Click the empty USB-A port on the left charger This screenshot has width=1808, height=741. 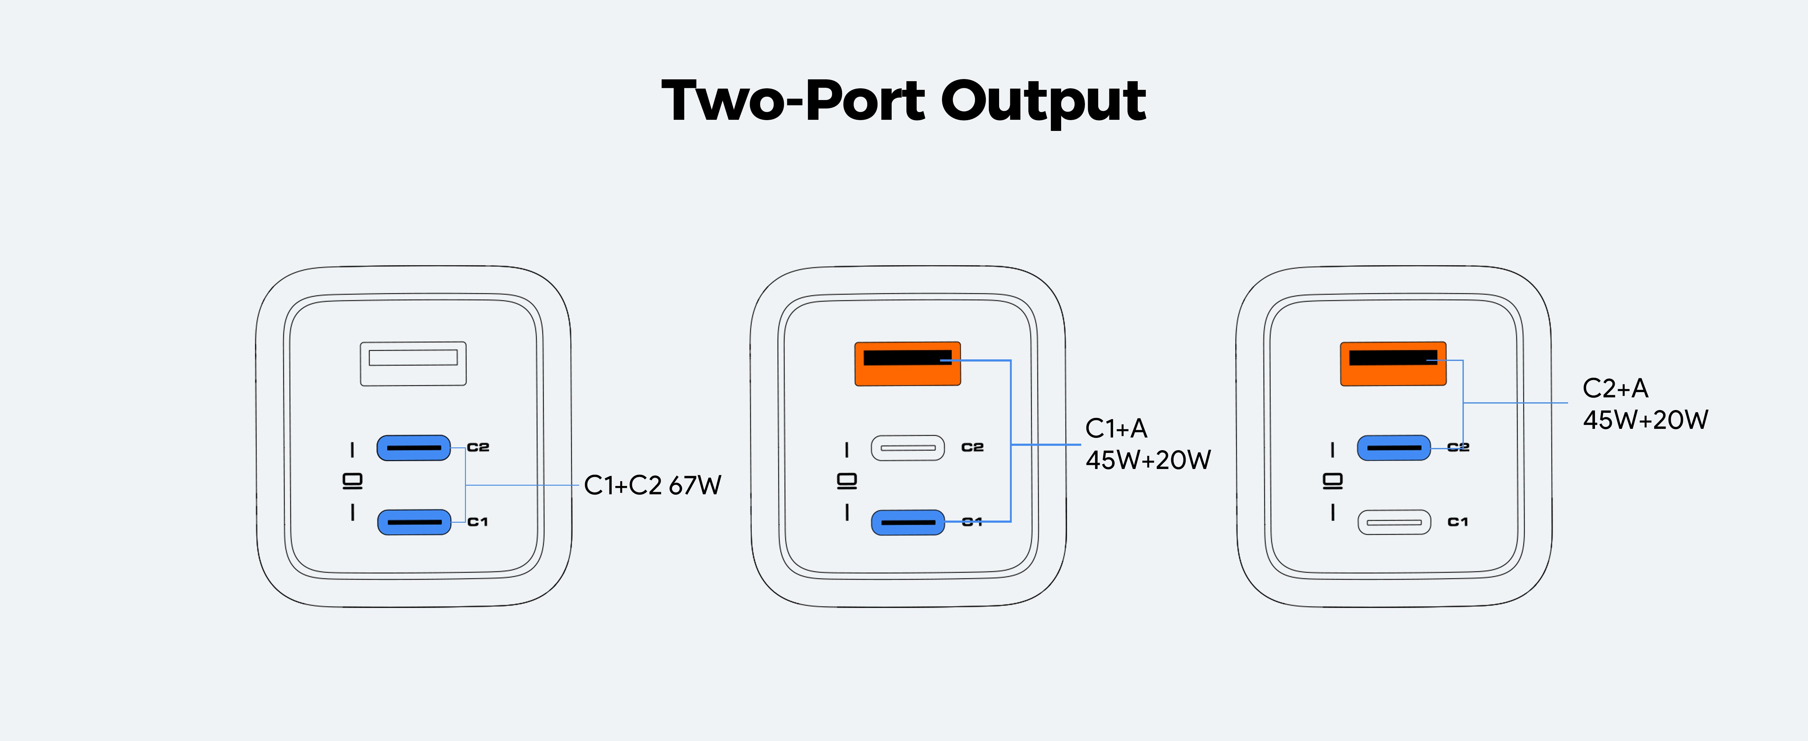[x=413, y=363]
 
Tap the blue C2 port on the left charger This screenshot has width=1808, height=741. [x=413, y=448]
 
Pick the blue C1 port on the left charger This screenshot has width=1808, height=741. [x=414, y=522]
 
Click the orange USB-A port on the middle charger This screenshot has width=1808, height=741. [x=907, y=363]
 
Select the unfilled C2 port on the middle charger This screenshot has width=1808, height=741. [x=907, y=448]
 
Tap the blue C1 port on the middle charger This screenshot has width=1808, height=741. [x=907, y=522]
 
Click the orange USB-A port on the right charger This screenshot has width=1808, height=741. [x=1393, y=363]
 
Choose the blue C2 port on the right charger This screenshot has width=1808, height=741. [x=1393, y=448]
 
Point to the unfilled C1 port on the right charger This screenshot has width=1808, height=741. [x=1394, y=522]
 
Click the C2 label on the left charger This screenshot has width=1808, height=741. [x=478, y=447]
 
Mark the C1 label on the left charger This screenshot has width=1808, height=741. [x=477, y=521]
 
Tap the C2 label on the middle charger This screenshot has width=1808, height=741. [x=972, y=447]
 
